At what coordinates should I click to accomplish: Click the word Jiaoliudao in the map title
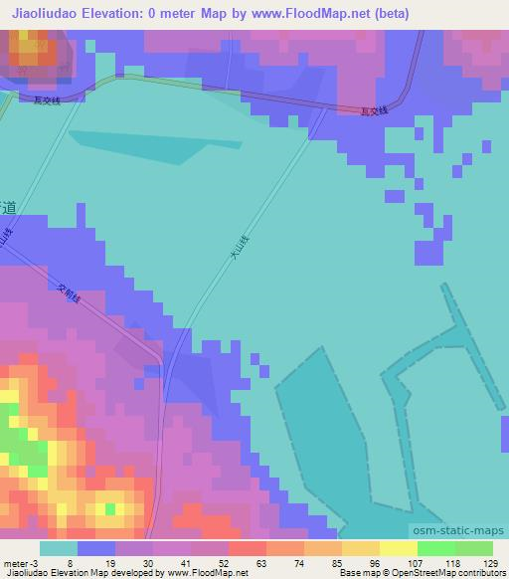click(46, 14)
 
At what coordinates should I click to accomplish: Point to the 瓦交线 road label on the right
click(376, 113)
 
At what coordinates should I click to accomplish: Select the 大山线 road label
click(239, 248)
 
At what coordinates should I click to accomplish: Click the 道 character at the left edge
click(8, 209)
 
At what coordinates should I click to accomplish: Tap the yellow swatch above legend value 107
click(398, 548)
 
